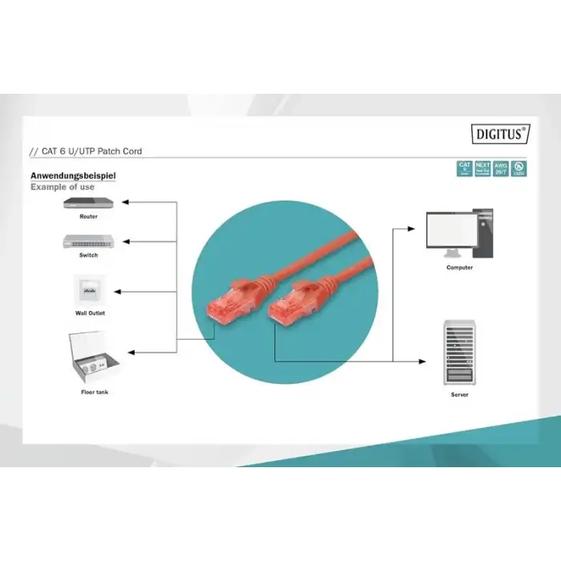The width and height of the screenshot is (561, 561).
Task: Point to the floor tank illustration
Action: click(95, 355)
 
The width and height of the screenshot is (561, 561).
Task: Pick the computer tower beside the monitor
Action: click(483, 232)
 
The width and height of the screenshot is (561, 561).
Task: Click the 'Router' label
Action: click(89, 217)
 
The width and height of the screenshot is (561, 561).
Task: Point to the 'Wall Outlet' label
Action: click(90, 313)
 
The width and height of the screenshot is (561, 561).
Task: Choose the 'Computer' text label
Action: click(459, 268)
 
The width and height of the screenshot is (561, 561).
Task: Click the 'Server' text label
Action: click(459, 395)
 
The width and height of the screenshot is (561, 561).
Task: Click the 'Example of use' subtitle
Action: click(63, 187)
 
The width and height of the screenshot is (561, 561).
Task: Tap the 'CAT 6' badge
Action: click(464, 167)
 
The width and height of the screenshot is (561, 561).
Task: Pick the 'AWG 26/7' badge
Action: click(501, 167)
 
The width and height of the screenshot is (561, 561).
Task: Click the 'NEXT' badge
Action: click(482, 167)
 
